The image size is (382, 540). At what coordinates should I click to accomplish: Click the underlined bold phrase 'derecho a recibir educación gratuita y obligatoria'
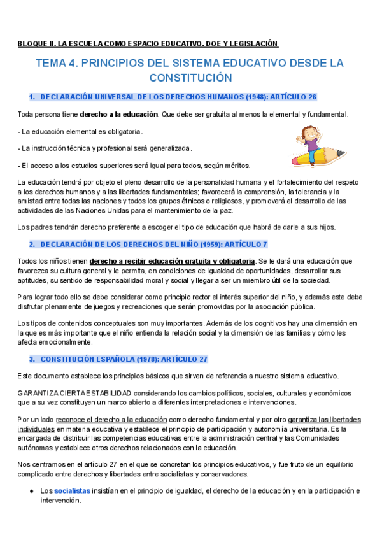point(172,261)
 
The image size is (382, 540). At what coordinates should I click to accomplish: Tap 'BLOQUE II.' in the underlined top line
point(36,44)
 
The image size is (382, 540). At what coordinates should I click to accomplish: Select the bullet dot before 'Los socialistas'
point(31,491)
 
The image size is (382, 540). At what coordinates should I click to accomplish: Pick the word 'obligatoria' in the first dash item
point(121,131)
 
